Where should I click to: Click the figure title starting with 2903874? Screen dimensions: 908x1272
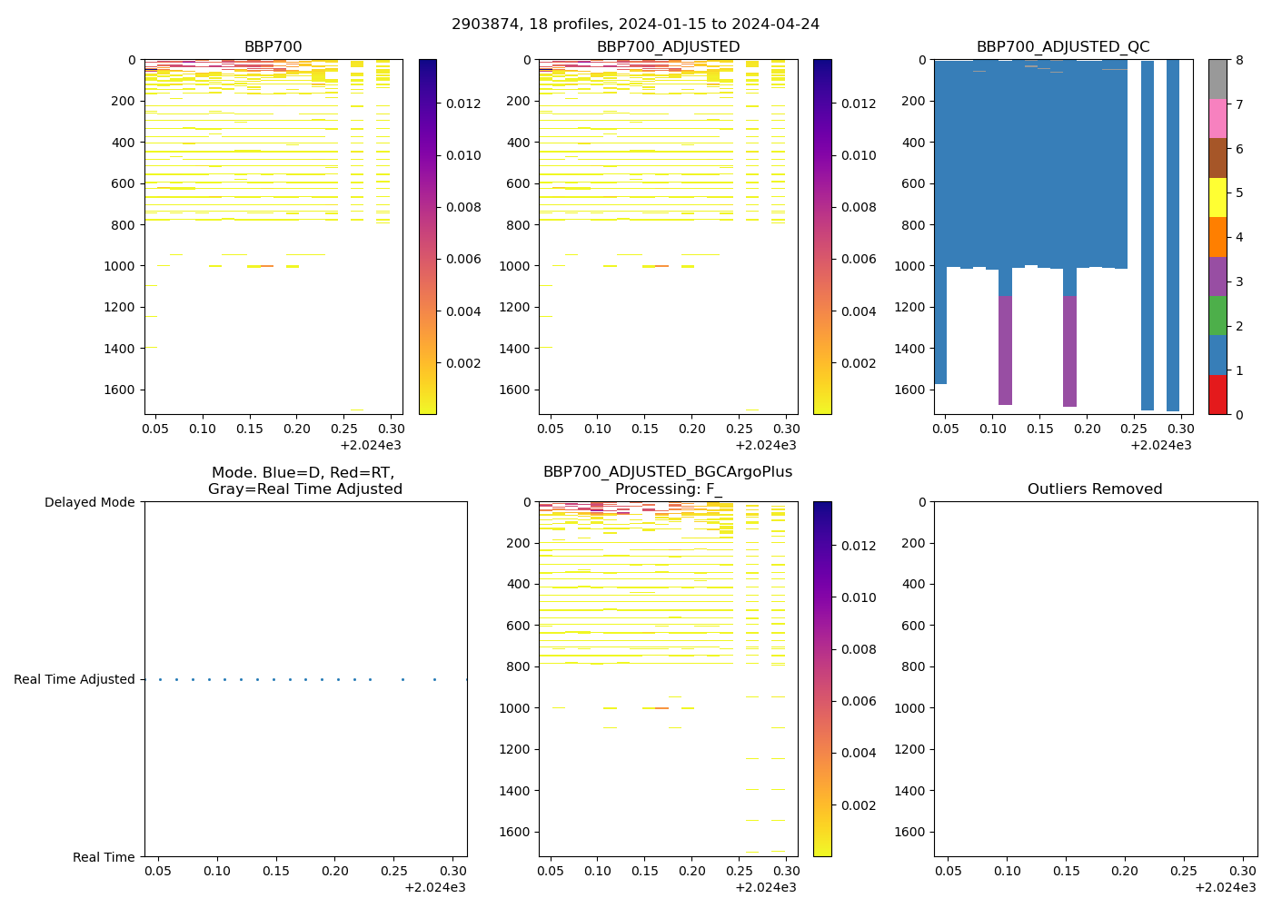click(635, 25)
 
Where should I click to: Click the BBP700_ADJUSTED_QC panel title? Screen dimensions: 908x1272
click(1062, 47)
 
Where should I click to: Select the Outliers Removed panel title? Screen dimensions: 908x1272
click(1095, 489)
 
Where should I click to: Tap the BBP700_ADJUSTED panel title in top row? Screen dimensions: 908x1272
click(668, 47)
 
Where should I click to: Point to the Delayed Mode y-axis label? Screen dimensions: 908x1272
click(89, 502)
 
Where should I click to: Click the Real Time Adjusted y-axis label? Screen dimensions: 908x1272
click(75, 679)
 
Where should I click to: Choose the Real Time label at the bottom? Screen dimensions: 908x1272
click(104, 857)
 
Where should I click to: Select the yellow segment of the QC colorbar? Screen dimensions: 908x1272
click(1217, 197)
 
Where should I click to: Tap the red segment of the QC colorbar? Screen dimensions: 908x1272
click(1217, 395)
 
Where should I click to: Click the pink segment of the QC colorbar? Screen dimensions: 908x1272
click(1217, 118)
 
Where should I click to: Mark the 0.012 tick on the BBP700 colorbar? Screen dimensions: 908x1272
click(463, 104)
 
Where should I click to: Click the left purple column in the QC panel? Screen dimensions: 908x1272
click(1005, 350)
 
